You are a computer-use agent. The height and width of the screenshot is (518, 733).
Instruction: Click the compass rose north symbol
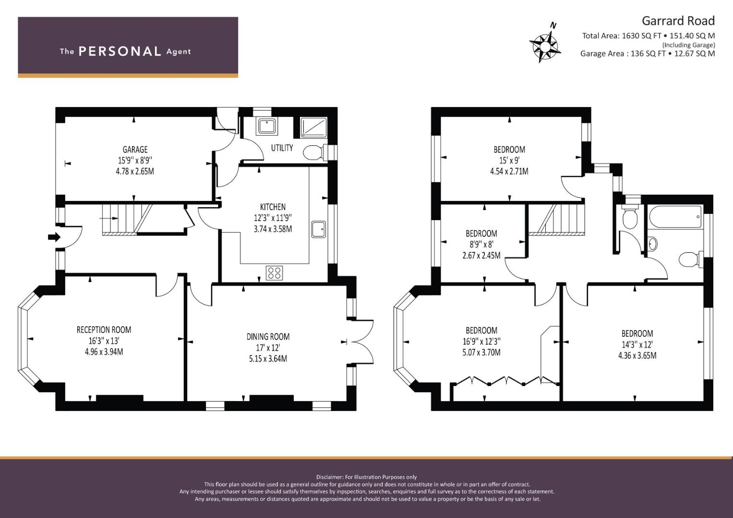point(545,43)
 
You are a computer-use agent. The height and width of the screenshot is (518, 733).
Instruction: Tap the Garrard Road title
point(678,21)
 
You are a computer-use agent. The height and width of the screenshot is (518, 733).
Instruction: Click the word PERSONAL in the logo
point(120,51)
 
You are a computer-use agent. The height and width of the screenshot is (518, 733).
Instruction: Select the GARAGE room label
point(135,150)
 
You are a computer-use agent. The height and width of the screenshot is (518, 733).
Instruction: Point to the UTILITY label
point(282,148)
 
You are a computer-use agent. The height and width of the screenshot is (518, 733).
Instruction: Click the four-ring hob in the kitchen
point(274,273)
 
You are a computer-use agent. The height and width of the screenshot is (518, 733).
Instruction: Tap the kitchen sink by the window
point(318,229)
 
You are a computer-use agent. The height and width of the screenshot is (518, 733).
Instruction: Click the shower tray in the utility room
point(314,128)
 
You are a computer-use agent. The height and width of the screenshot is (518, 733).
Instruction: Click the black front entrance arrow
point(54,237)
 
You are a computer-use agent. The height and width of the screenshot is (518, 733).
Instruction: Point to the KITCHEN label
point(273,207)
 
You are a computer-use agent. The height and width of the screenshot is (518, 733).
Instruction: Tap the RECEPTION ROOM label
point(104,330)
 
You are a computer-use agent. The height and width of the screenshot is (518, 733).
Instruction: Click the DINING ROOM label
point(268,337)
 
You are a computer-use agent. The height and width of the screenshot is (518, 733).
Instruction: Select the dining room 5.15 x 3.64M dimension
point(268,359)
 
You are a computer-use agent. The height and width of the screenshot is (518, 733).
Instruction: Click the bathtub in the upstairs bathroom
point(675,216)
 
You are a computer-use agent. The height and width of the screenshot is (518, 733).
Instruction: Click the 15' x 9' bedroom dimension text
point(509,160)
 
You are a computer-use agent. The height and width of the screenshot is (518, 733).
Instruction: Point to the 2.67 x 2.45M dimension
point(481,255)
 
